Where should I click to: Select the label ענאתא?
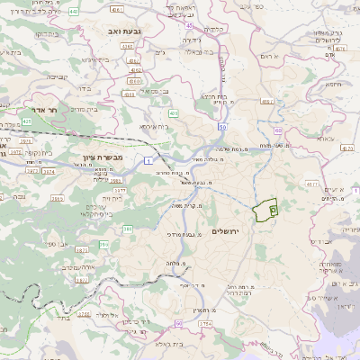pyautogui.click(x=326, y=139)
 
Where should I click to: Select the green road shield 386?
pyautogui.click(x=128, y=231)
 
